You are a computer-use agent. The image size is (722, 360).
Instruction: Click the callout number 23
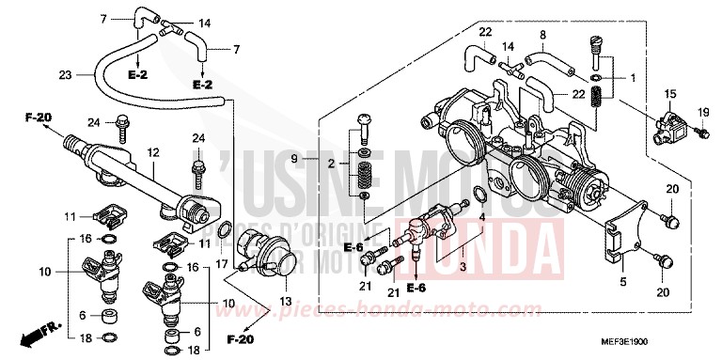(64, 74)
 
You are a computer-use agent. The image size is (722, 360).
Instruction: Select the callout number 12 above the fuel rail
(152, 152)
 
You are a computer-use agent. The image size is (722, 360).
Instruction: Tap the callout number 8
(541, 36)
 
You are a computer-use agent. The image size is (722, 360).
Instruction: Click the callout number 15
(670, 94)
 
